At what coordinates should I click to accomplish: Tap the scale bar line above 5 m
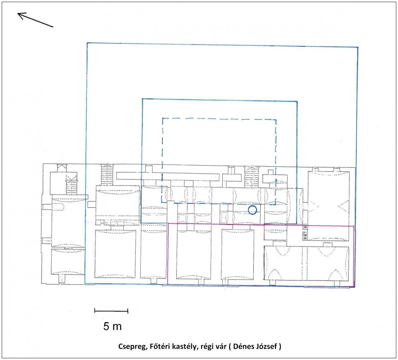click(x=111, y=311)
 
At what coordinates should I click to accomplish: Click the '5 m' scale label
click(x=112, y=327)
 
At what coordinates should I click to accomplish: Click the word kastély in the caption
click(x=184, y=346)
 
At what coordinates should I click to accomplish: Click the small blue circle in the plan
click(x=252, y=210)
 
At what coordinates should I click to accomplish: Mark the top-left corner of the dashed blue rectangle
click(x=163, y=118)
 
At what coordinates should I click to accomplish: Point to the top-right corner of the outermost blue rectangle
click(x=358, y=47)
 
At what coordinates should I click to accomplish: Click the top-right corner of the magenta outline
click(x=354, y=226)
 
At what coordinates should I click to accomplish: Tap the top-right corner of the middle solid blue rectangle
click(x=297, y=102)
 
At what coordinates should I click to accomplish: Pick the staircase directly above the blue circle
click(x=251, y=177)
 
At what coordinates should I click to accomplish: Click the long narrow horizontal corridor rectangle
click(x=168, y=176)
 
